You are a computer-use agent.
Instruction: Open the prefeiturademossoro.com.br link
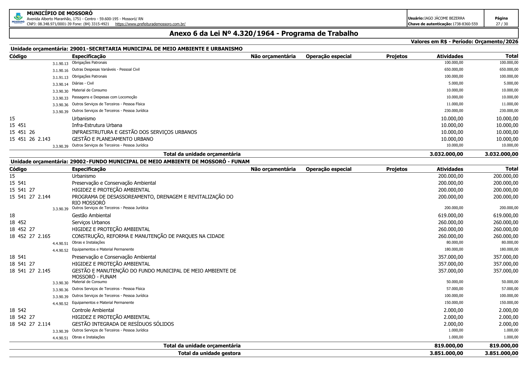point(150,24)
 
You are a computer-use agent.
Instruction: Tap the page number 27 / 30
point(502,24)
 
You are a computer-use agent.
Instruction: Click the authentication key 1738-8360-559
point(465,24)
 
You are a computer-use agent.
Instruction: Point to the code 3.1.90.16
point(60,71)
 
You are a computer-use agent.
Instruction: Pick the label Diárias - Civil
point(83,83)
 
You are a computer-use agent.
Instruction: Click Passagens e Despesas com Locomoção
point(104,97)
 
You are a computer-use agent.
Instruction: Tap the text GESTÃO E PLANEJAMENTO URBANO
point(113,139)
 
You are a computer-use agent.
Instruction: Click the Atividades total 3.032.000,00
point(446,154)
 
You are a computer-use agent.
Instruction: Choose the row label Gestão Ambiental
point(91,215)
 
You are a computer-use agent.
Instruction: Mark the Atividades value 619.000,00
point(451,215)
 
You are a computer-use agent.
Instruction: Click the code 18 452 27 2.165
point(30,236)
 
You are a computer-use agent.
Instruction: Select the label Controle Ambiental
point(93,310)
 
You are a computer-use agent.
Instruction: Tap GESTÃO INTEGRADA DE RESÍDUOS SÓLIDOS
point(123,324)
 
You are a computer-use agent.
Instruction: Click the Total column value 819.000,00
point(504,346)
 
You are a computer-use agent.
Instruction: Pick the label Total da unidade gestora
point(209,353)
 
